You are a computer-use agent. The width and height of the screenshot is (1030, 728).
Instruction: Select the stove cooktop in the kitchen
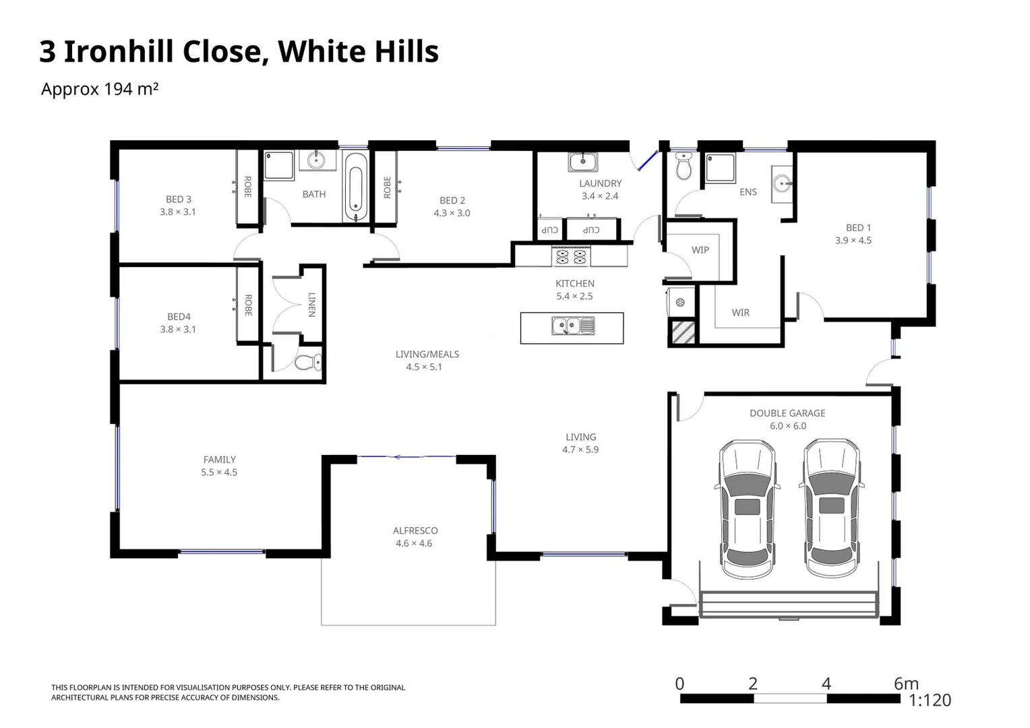click(x=571, y=256)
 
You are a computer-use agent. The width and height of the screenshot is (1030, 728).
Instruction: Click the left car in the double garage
click(x=747, y=509)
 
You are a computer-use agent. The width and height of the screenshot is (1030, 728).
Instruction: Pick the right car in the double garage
click(x=831, y=509)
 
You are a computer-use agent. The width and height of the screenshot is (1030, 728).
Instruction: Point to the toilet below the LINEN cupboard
click(x=309, y=363)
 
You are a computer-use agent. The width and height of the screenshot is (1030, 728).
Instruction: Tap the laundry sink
click(x=582, y=162)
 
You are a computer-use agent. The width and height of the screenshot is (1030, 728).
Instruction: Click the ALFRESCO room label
click(x=415, y=530)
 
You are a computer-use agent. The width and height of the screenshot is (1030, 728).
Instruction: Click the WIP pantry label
click(x=700, y=250)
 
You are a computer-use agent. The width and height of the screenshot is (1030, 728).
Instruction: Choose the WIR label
click(x=740, y=313)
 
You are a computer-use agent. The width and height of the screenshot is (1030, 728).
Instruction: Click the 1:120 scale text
click(x=930, y=701)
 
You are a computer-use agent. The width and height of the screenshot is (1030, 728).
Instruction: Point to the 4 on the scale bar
click(x=826, y=684)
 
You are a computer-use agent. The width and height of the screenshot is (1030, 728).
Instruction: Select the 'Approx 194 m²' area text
click(x=100, y=89)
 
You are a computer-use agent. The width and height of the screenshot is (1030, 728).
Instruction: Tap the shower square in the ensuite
click(x=719, y=168)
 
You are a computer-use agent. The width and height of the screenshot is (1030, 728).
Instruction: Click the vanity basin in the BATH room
click(x=317, y=160)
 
